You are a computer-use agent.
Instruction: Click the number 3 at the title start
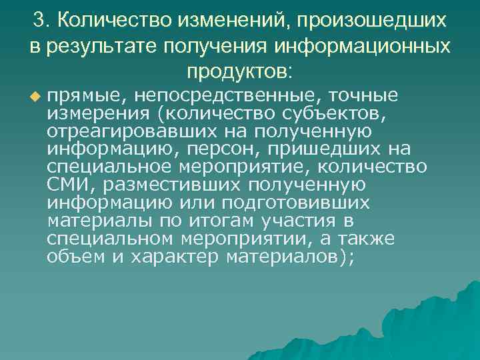tap(39, 19)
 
